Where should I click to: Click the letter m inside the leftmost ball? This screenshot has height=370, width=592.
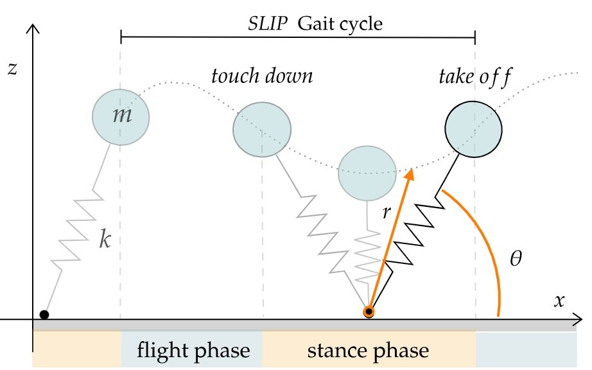[121, 116]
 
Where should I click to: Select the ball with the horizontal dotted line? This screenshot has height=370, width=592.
[367, 173]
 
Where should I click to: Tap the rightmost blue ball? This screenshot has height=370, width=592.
[473, 129]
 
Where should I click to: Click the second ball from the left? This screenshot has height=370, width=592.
[261, 129]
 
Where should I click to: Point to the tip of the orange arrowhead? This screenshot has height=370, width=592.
[411, 169]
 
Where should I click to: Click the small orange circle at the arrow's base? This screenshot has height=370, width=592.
[369, 312]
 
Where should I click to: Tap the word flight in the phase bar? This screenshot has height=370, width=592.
[162, 351]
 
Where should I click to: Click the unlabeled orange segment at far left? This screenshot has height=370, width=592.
[76, 349]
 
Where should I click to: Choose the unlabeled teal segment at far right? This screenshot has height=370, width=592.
[526, 349]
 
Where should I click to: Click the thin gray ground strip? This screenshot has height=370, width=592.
[302, 326]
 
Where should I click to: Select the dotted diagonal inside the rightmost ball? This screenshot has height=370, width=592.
[476, 132]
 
